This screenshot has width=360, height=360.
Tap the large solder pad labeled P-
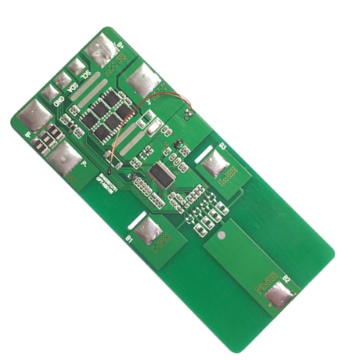(66, 160)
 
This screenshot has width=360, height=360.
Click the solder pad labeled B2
(278, 297)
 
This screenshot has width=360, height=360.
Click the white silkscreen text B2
(287, 278)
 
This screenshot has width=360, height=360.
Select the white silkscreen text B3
(222, 146)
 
